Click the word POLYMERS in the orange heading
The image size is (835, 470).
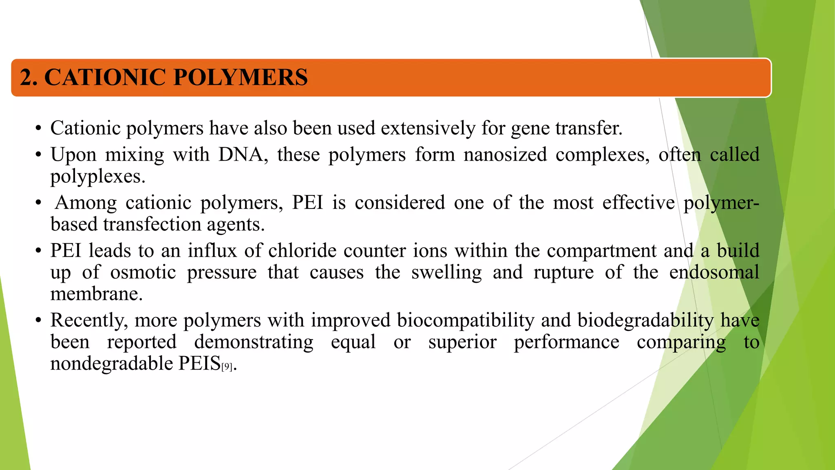[x=241, y=77]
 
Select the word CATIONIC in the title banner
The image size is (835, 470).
[x=104, y=77]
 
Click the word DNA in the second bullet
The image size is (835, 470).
[x=241, y=155]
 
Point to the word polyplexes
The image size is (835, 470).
[x=97, y=177]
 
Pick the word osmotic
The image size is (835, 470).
[x=143, y=272]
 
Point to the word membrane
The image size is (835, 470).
[x=96, y=294]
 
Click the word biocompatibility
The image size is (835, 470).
[x=465, y=320]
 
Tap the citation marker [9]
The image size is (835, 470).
[x=227, y=367]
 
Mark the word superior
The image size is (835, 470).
[x=462, y=342]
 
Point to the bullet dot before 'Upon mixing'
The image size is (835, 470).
[x=38, y=155]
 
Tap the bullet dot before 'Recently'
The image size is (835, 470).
[x=38, y=321]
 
